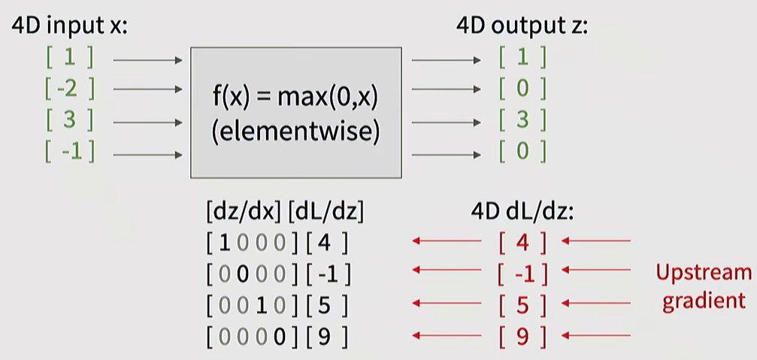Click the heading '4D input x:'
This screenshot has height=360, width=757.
pos(69,25)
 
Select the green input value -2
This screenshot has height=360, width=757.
pos(69,89)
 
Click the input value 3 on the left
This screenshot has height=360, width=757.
pos(69,121)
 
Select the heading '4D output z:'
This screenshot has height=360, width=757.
pos(522,25)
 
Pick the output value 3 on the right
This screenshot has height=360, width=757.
pos(522,120)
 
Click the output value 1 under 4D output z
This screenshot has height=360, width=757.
pos(522,57)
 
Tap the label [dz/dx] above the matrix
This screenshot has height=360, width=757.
pos(244,212)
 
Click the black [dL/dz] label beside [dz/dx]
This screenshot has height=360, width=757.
pos(326,212)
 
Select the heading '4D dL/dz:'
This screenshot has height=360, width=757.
pos(522,212)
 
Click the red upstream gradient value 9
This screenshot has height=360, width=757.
pos(522,337)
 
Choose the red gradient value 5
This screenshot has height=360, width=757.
pos(522,305)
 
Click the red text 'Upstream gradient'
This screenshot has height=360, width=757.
pos(703,286)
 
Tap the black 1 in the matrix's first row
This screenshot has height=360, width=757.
pos(223,244)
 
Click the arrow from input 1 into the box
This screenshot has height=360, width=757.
pos(147,59)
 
